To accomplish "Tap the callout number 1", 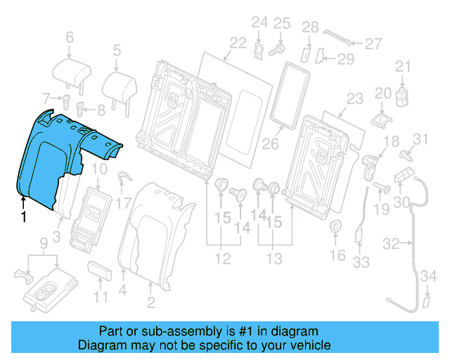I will [x=23, y=218].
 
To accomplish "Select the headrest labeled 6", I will [x=71, y=72].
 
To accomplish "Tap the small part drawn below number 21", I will [x=402, y=96].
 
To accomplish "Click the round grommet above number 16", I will [x=336, y=226].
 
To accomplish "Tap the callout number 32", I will [x=391, y=244].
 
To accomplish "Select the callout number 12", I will [x=222, y=259].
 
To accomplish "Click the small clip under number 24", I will [x=259, y=51].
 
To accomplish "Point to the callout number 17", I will [x=124, y=205].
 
